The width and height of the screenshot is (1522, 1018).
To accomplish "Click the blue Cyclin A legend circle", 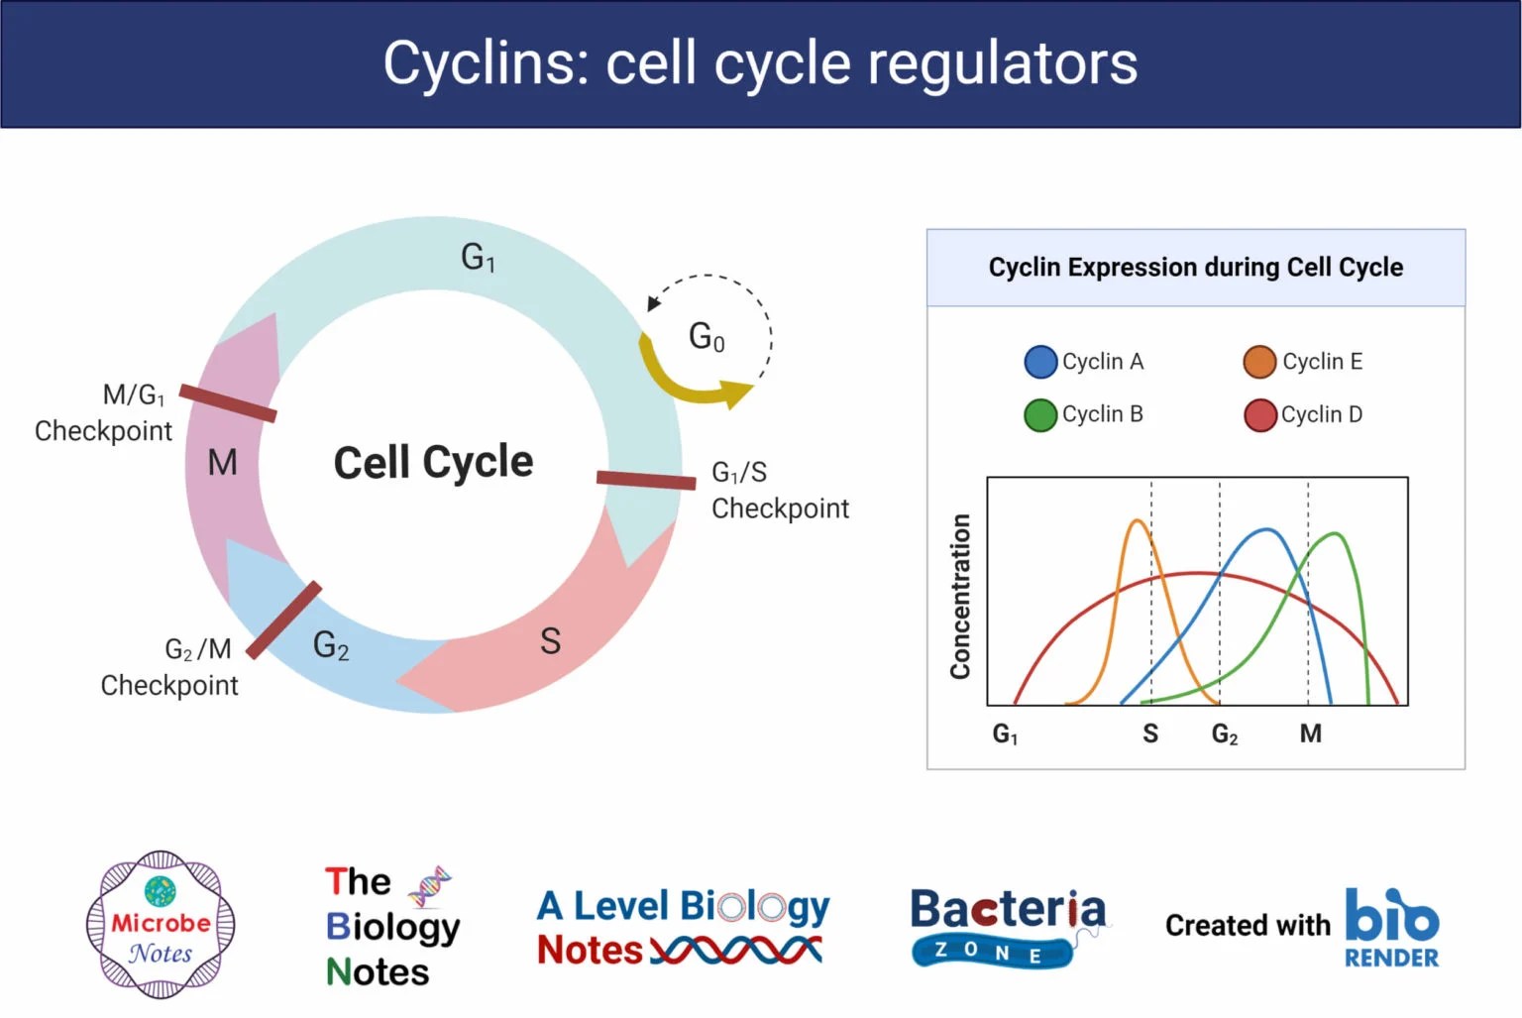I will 1039,362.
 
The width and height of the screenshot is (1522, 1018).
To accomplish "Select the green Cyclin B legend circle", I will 1039,415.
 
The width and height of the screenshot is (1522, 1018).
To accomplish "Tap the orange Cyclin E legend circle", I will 1258,362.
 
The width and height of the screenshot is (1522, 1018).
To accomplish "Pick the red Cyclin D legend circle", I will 1259,415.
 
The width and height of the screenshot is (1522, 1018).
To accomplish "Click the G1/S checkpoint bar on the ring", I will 646,480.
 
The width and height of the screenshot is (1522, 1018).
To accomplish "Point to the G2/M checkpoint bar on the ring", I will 283,621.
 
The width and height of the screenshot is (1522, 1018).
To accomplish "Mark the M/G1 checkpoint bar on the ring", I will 228,403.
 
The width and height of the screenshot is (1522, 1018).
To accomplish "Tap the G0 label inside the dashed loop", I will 707,337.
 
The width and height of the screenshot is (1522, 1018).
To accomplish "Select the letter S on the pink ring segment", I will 550,641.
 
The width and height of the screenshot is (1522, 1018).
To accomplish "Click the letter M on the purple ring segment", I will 222,463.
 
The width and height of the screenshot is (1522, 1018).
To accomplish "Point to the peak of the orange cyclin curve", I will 1138,521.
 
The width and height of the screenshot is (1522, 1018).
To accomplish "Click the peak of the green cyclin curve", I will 1336,534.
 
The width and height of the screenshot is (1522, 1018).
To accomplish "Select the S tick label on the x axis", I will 1149,734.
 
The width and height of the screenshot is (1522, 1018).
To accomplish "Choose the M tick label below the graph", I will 1310,734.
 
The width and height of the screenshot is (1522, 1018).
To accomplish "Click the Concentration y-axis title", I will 959,596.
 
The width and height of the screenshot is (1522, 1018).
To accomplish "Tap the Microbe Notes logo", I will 161,924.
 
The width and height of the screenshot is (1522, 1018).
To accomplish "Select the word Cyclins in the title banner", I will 486,63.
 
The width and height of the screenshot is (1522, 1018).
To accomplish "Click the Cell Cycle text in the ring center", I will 433,462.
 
